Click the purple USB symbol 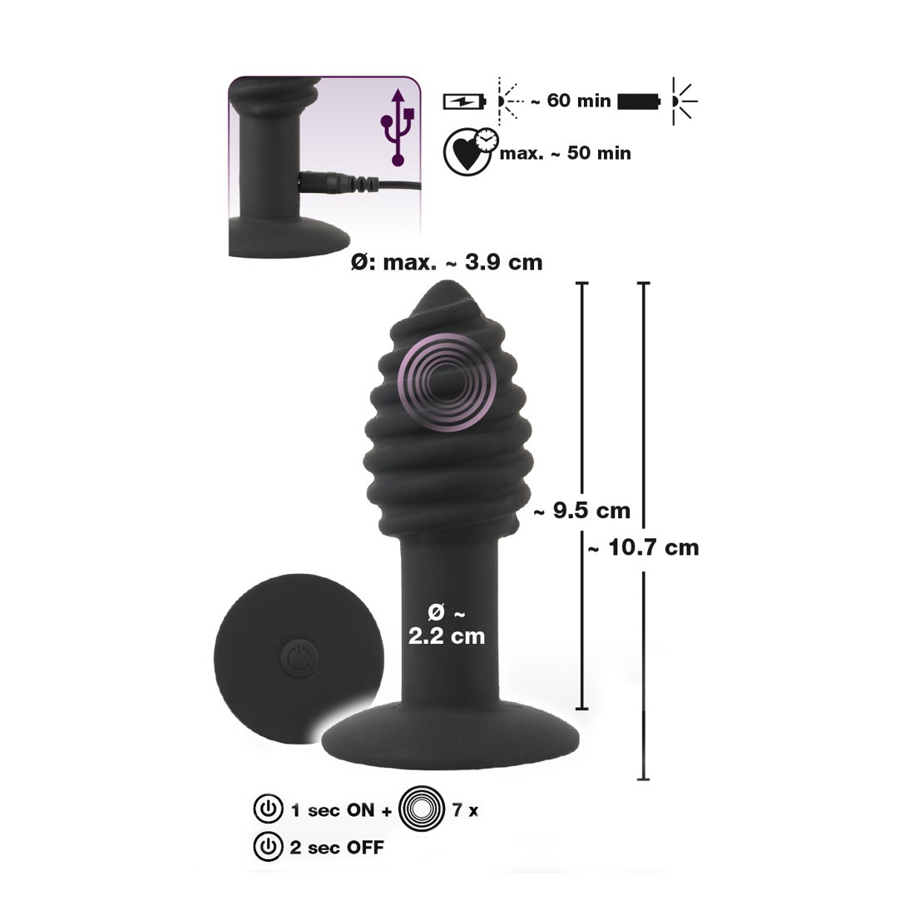pos(398,127)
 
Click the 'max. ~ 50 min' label pos(565,153)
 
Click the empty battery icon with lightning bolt pos(464,101)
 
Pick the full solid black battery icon pos(639,101)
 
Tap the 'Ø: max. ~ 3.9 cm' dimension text pos(447,262)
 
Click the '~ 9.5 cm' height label pos(581,511)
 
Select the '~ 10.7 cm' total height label pos(643,547)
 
